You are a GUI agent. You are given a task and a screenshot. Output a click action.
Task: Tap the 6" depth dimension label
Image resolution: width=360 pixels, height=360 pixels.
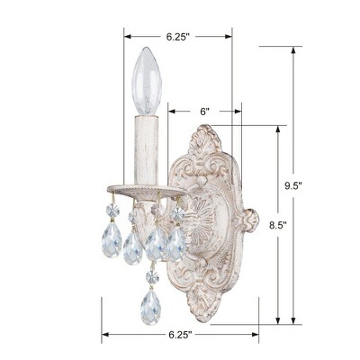click(x=205, y=112)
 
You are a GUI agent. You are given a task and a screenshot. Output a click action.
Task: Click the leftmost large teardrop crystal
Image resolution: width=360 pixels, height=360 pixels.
click(x=111, y=241)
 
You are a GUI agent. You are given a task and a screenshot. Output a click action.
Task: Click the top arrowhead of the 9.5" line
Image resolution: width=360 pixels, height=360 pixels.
click(x=292, y=50)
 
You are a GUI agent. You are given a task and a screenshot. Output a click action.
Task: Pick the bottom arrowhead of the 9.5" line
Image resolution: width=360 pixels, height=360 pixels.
click(x=292, y=322)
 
